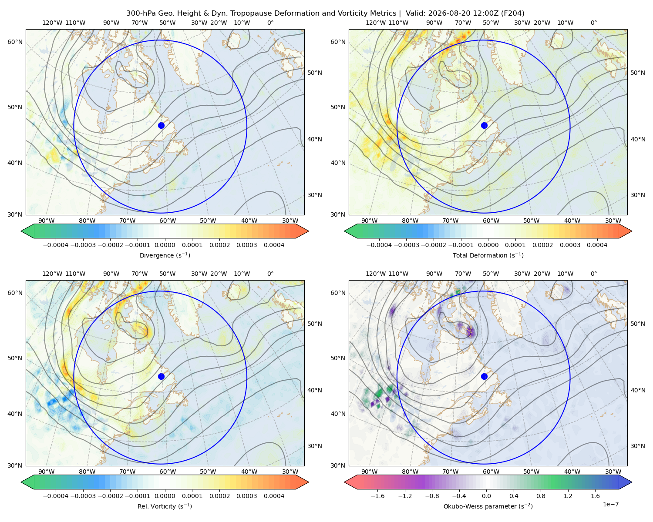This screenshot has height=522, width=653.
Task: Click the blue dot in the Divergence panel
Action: (161, 126)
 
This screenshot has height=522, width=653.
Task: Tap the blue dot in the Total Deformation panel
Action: (484, 126)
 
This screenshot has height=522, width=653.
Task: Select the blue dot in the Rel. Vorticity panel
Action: (161, 376)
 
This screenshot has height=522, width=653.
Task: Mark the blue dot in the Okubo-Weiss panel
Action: (484, 376)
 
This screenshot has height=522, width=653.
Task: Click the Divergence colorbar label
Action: (165, 255)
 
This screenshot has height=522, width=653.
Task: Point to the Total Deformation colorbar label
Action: (488, 255)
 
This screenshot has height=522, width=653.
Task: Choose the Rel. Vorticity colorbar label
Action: (165, 506)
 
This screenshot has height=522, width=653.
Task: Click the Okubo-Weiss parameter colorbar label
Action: (488, 506)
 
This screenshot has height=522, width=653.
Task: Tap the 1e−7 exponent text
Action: (610, 504)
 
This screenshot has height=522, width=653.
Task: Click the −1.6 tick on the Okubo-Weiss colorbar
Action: (377, 496)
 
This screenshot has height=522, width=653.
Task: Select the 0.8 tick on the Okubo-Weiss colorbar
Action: (541, 496)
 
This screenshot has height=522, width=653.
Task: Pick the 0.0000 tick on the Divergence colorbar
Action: (165, 245)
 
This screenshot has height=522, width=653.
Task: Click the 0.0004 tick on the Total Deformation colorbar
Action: (597, 245)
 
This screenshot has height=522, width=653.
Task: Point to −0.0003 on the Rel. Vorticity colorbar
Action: (83, 496)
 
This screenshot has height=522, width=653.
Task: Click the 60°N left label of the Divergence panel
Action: (15, 42)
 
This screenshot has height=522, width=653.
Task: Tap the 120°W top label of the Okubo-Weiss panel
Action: (376, 274)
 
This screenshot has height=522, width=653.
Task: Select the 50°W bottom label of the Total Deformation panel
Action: (531, 221)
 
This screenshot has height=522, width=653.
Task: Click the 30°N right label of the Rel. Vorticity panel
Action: (315, 446)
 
